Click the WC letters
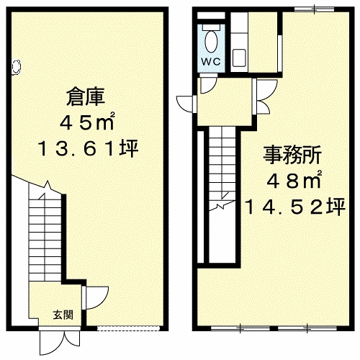[210, 60]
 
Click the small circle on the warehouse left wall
[16, 66]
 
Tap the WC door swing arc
[206, 84]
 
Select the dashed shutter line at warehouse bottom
[117, 329]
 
